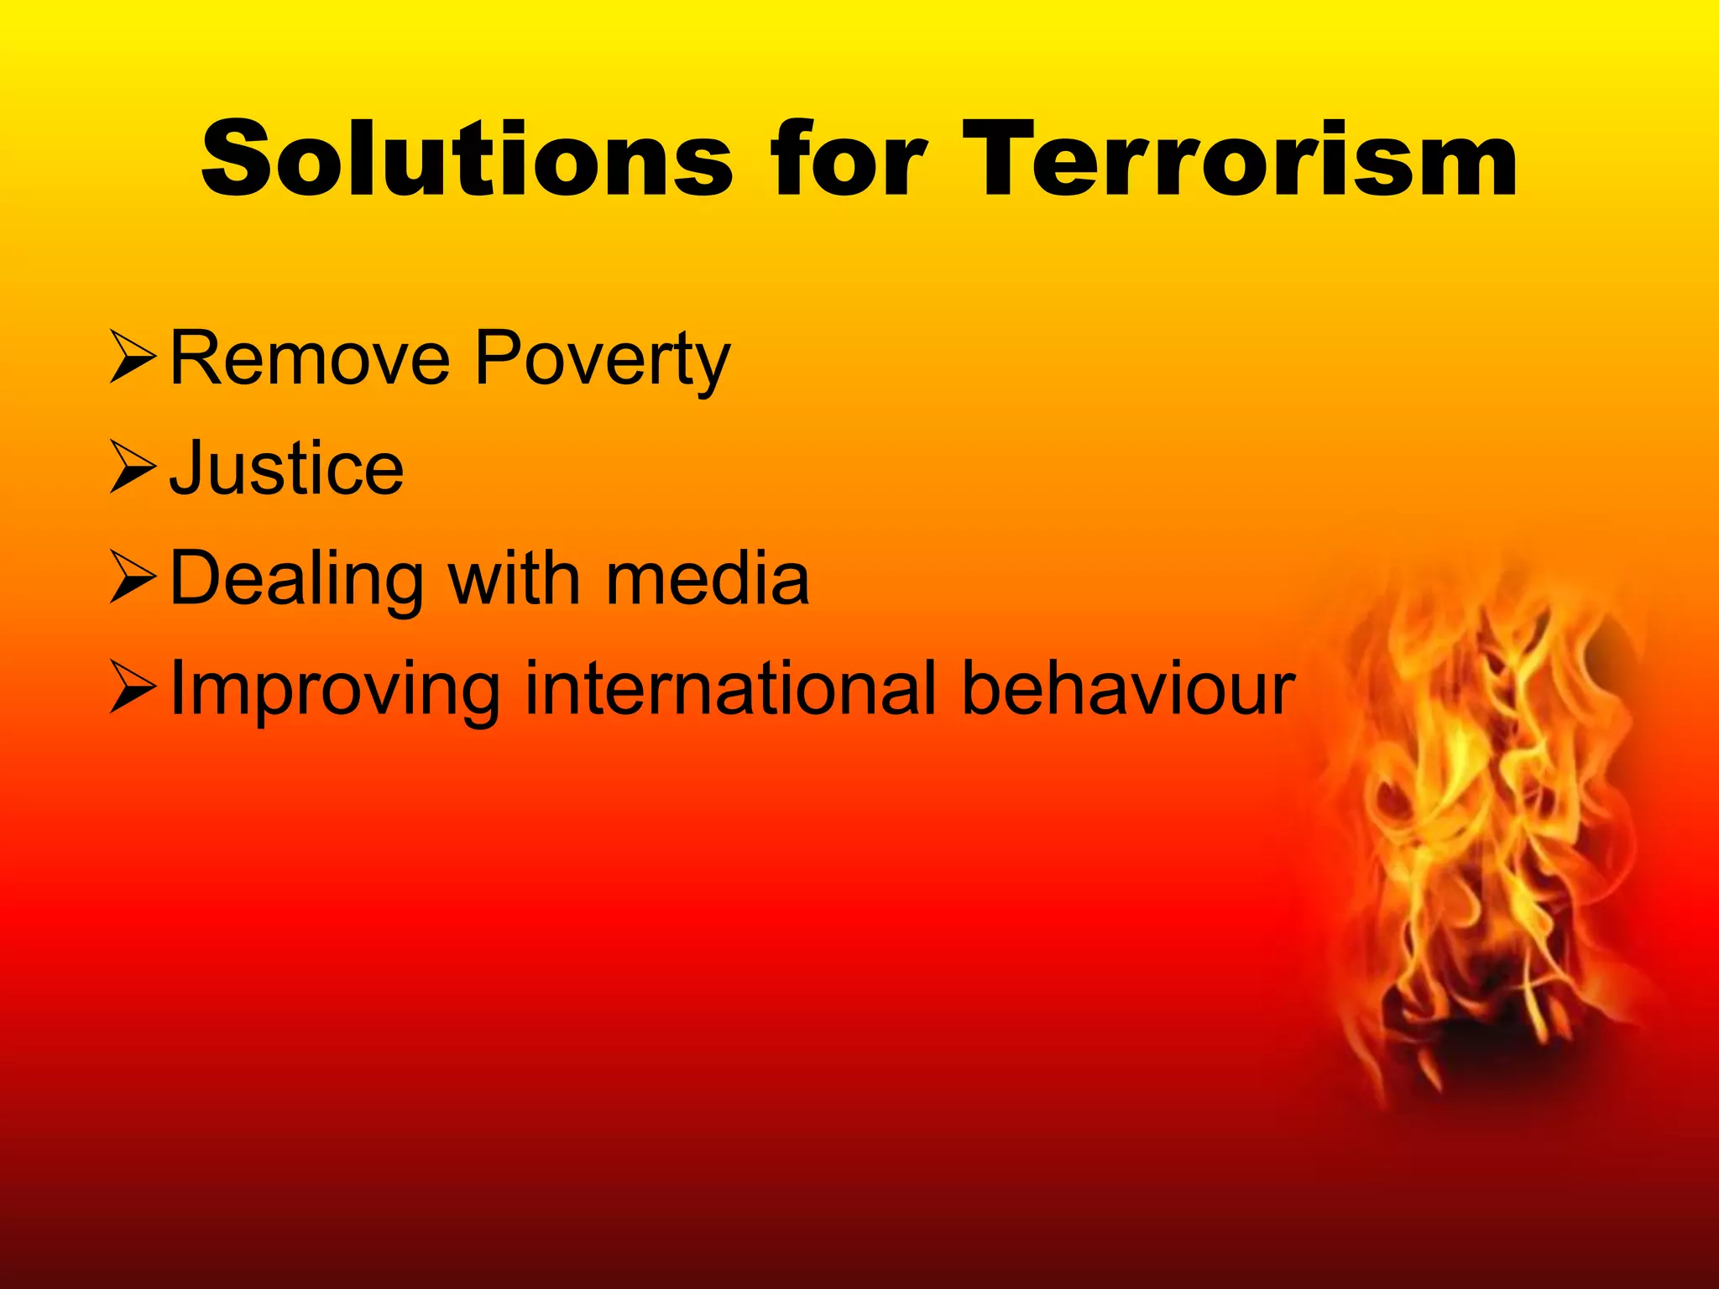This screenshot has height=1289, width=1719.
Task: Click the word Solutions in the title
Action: [x=466, y=159]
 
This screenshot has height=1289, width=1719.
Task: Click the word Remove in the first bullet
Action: [x=310, y=359]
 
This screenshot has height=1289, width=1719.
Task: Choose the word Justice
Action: [x=286, y=468]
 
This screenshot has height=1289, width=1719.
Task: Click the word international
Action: [x=729, y=688]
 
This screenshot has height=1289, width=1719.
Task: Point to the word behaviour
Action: [x=1127, y=688]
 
